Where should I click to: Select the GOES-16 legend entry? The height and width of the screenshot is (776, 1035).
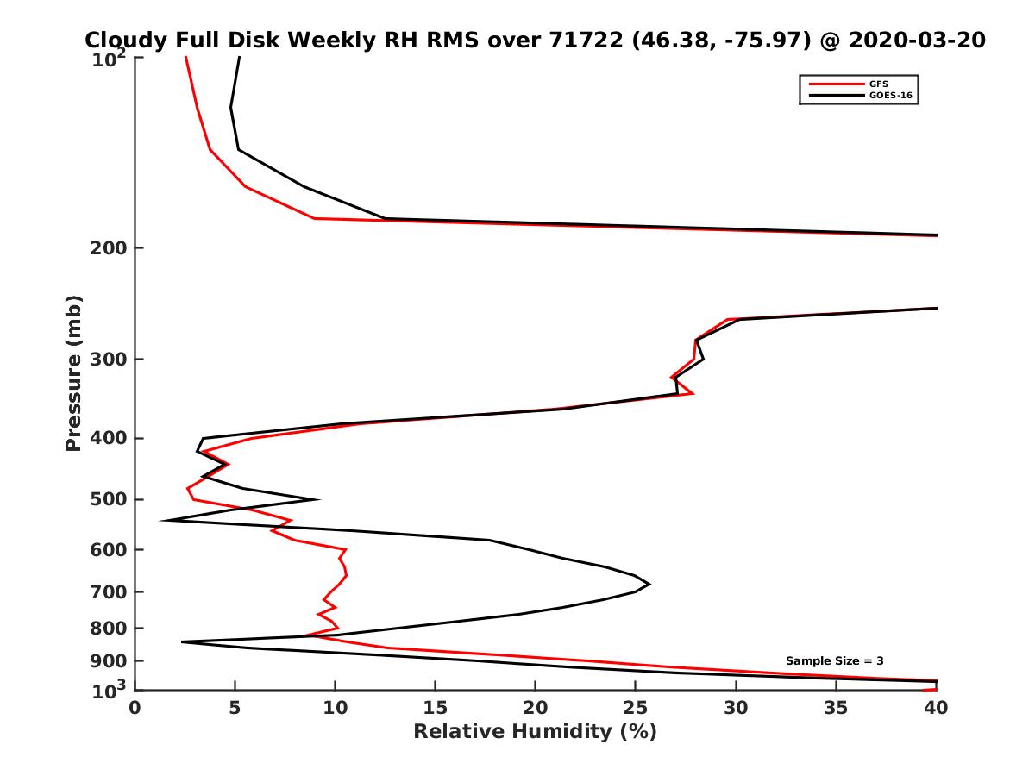pyautogui.click(x=887, y=95)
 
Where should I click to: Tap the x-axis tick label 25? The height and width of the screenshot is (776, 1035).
pyautogui.click(x=636, y=708)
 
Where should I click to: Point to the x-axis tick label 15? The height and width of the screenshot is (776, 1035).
pyautogui.click(x=436, y=708)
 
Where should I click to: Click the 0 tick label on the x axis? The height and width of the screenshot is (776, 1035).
pyautogui.click(x=135, y=708)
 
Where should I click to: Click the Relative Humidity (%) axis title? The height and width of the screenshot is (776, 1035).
pyautogui.click(x=535, y=732)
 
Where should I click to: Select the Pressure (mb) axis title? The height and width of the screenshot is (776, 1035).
pyautogui.click(x=73, y=372)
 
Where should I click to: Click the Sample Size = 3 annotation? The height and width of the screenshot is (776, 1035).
pyautogui.click(x=834, y=660)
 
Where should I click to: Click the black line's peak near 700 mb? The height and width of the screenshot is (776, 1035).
pyautogui.click(x=649, y=584)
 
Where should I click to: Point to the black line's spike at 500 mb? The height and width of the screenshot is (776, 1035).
pyautogui.click(x=319, y=499)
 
